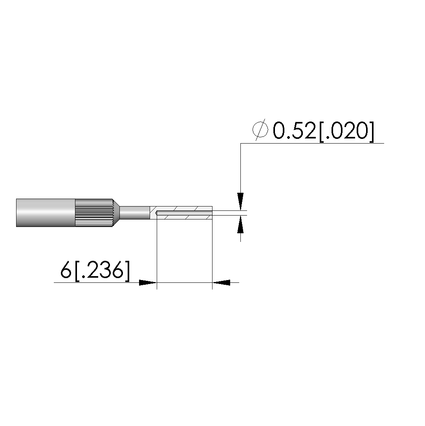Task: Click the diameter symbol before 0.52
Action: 260,130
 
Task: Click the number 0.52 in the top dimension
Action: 294,131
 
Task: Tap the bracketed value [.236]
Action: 101,271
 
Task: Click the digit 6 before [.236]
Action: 66,270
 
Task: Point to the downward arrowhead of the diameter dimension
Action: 240,201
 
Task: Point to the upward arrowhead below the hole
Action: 240,225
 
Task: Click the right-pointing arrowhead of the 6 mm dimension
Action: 148,282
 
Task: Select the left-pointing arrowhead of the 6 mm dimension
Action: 221,282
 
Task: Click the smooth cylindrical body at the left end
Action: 46,213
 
